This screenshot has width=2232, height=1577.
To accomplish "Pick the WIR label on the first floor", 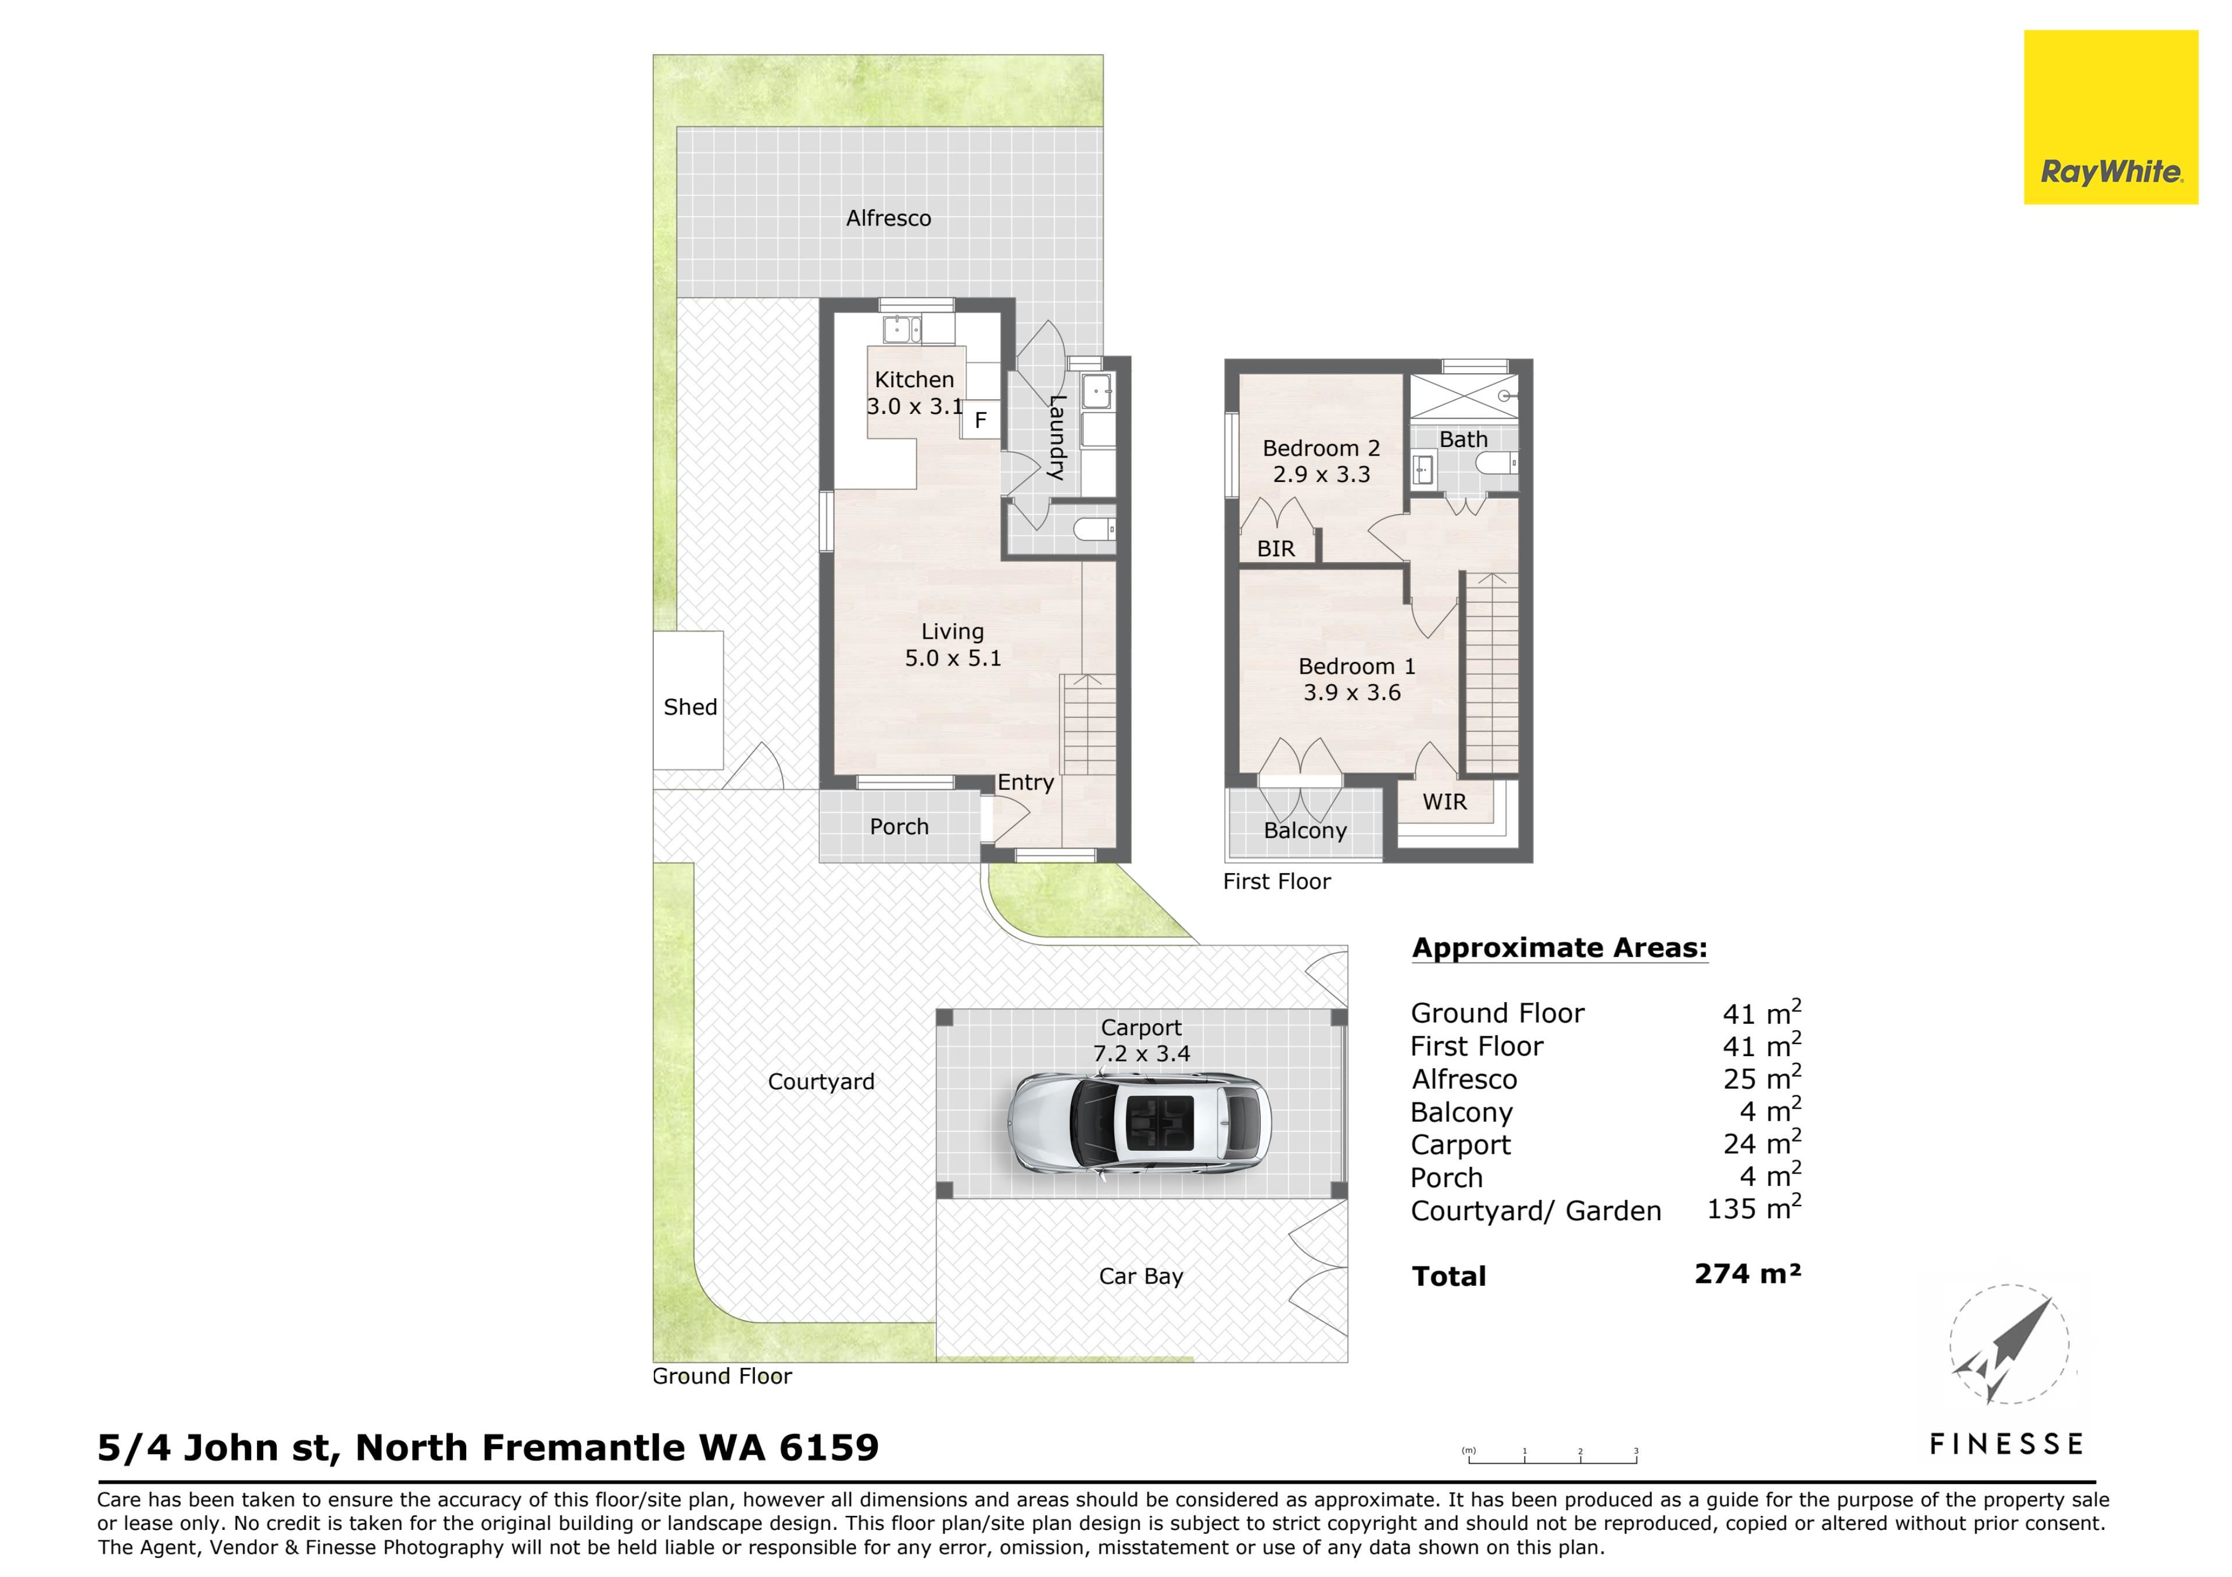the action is pyautogui.click(x=1444, y=802).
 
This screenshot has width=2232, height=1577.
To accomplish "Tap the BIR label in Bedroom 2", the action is pyautogui.click(x=1275, y=549).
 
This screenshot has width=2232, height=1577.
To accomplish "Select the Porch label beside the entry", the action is pyautogui.click(x=899, y=827).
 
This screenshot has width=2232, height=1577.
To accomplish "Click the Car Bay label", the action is pyautogui.click(x=1141, y=1276).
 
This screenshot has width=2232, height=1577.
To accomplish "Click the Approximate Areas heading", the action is pyautogui.click(x=1559, y=948).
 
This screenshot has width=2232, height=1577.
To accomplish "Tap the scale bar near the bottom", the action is pyautogui.click(x=1551, y=1456).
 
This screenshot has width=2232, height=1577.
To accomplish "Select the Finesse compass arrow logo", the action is pyautogui.click(x=2008, y=1344).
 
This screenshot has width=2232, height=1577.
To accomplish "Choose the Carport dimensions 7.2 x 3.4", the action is pyautogui.click(x=1141, y=1053).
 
